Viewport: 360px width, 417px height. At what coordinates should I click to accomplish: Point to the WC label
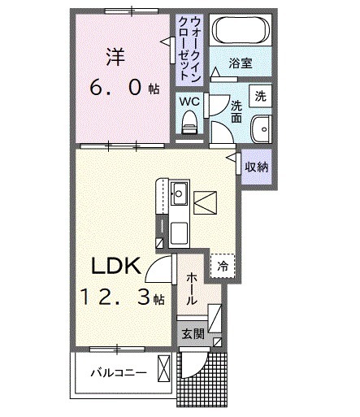pos(188,102)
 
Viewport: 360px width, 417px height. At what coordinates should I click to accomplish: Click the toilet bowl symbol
pos(189,123)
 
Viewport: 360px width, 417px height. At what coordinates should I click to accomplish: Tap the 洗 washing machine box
pos(259,94)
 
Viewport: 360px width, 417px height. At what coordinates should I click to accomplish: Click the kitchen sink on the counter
pos(179,194)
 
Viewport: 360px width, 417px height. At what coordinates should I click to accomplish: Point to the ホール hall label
pos(192,289)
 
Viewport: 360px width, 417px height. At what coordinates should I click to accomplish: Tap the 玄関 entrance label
pos(192,333)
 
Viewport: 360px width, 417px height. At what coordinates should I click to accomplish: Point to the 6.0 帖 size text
pos(119,89)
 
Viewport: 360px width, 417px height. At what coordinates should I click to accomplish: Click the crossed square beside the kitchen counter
pos(206,198)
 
